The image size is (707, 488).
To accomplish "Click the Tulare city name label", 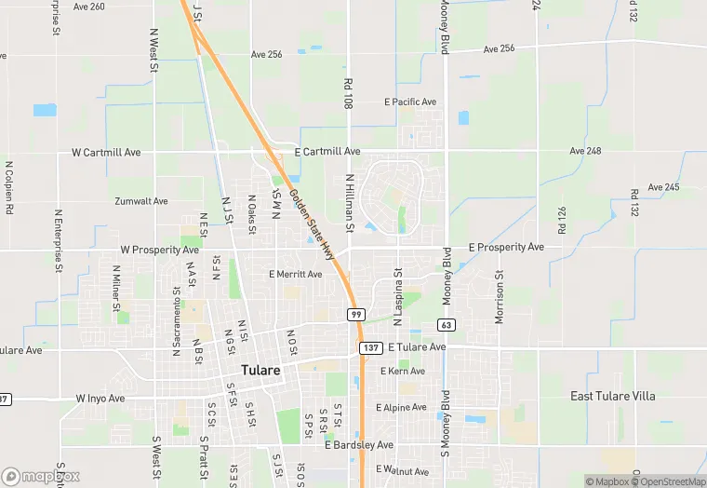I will [x=260, y=370].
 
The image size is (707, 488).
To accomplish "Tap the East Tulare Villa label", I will [x=612, y=396].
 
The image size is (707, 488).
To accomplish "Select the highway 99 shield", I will [x=356, y=315].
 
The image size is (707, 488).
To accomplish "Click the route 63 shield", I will [x=447, y=324].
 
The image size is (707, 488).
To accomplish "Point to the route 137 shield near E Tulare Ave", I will [x=368, y=347].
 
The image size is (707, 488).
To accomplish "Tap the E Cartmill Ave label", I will [x=327, y=151].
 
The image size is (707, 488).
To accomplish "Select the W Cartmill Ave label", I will [x=106, y=152].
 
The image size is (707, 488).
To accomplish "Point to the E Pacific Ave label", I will [x=410, y=102].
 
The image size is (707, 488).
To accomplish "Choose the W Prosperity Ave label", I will [x=160, y=251].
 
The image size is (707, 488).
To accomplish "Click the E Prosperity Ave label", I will [x=506, y=248].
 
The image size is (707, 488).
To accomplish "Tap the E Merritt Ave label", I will [x=295, y=275].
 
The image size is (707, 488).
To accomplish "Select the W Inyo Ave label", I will [x=100, y=399].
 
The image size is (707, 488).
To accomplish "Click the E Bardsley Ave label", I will [x=359, y=445].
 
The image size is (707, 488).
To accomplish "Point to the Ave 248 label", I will [x=586, y=151].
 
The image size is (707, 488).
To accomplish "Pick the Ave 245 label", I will [x=663, y=187].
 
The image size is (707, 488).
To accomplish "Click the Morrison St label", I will [x=500, y=297].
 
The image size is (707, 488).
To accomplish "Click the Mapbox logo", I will [x=40, y=476].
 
